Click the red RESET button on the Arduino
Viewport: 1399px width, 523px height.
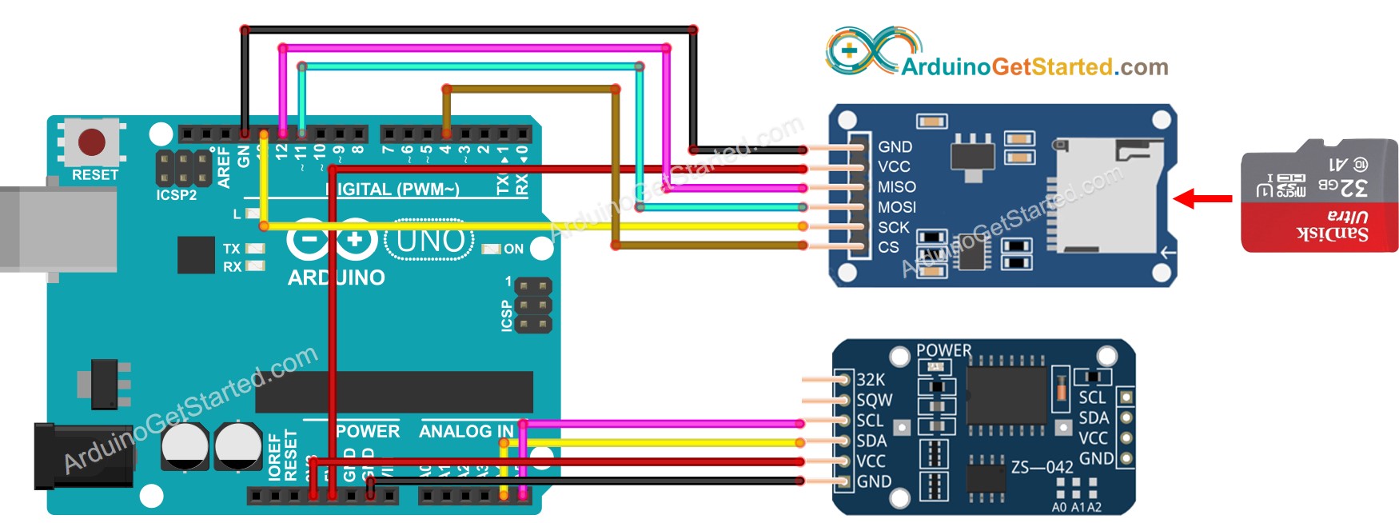91,142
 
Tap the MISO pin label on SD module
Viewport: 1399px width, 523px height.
896,187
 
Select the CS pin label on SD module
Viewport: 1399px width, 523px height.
888,248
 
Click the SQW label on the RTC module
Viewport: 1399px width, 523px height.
874,400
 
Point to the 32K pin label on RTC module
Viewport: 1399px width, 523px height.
871,380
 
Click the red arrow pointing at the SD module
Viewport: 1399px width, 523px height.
1202,198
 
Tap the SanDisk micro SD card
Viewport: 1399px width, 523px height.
1319,196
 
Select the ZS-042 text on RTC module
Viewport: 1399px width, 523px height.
1042,467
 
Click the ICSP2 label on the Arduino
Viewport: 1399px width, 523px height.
176,194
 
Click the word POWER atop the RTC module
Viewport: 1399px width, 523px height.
943,350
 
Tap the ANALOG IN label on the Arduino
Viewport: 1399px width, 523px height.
466,432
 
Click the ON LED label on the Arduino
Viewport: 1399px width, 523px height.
513,249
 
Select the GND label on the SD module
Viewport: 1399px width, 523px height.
895,147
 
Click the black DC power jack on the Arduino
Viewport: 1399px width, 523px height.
80,456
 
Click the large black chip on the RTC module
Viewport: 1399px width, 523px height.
1006,396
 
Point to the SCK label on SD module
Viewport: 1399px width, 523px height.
893,228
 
